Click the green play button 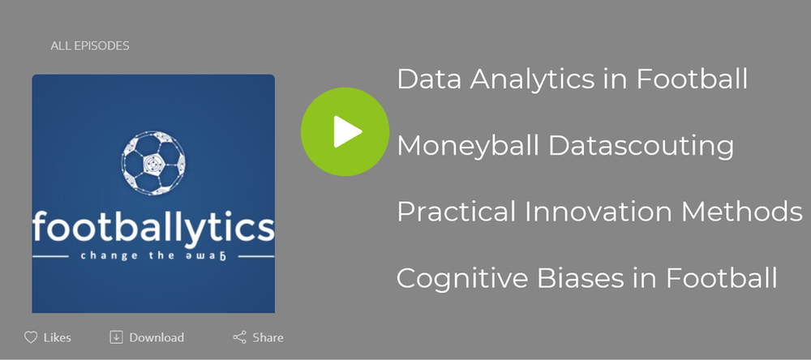(x=345, y=131)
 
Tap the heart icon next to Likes (x=31, y=338)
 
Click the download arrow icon (x=116, y=337)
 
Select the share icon (x=239, y=338)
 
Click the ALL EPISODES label (x=90, y=46)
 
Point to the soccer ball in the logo (x=153, y=162)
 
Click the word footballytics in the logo (x=153, y=225)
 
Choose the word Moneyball (x=469, y=147)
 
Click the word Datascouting (x=641, y=147)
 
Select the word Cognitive (x=462, y=278)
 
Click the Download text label (x=157, y=338)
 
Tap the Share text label (x=268, y=338)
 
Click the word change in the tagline (x=102, y=255)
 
